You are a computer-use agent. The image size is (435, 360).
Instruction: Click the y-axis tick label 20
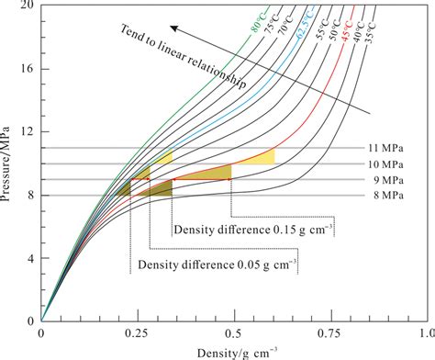pyautogui.click(x=28, y=6)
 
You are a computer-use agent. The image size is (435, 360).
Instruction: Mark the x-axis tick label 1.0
pyautogui.click(x=423, y=336)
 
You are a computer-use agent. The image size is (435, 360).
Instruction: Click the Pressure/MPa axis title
pyautogui.click(x=10, y=163)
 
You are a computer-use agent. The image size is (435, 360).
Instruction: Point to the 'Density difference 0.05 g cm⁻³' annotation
pyautogui.click(x=218, y=266)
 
